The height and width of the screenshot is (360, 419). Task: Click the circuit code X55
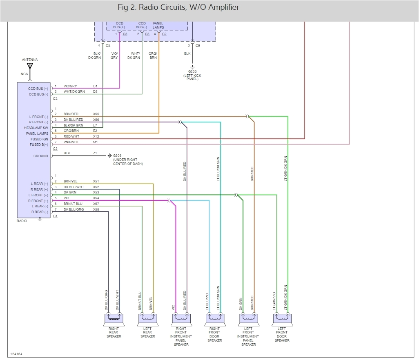point(96,114)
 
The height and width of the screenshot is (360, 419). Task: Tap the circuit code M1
point(95,142)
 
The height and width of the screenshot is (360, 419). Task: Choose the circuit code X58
point(96,209)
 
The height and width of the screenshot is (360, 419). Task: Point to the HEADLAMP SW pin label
point(36,128)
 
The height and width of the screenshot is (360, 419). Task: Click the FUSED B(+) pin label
point(39,144)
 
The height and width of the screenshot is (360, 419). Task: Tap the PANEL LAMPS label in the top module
point(159,25)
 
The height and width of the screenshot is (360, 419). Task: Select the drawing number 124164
point(16,354)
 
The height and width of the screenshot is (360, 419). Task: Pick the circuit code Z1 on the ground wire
point(95,153)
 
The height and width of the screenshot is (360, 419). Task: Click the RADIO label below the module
point(22,221)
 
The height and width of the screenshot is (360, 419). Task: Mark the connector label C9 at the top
point(198,45)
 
